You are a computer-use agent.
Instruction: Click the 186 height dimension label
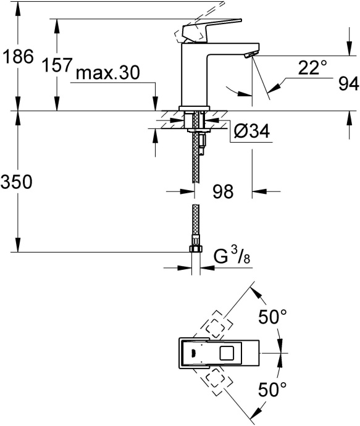(16, 58)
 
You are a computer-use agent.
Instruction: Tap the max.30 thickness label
(107, 73)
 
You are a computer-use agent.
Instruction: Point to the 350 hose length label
(16, 182)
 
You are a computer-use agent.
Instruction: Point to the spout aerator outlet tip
(249, 56)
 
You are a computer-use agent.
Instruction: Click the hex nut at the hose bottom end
(195, 249)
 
